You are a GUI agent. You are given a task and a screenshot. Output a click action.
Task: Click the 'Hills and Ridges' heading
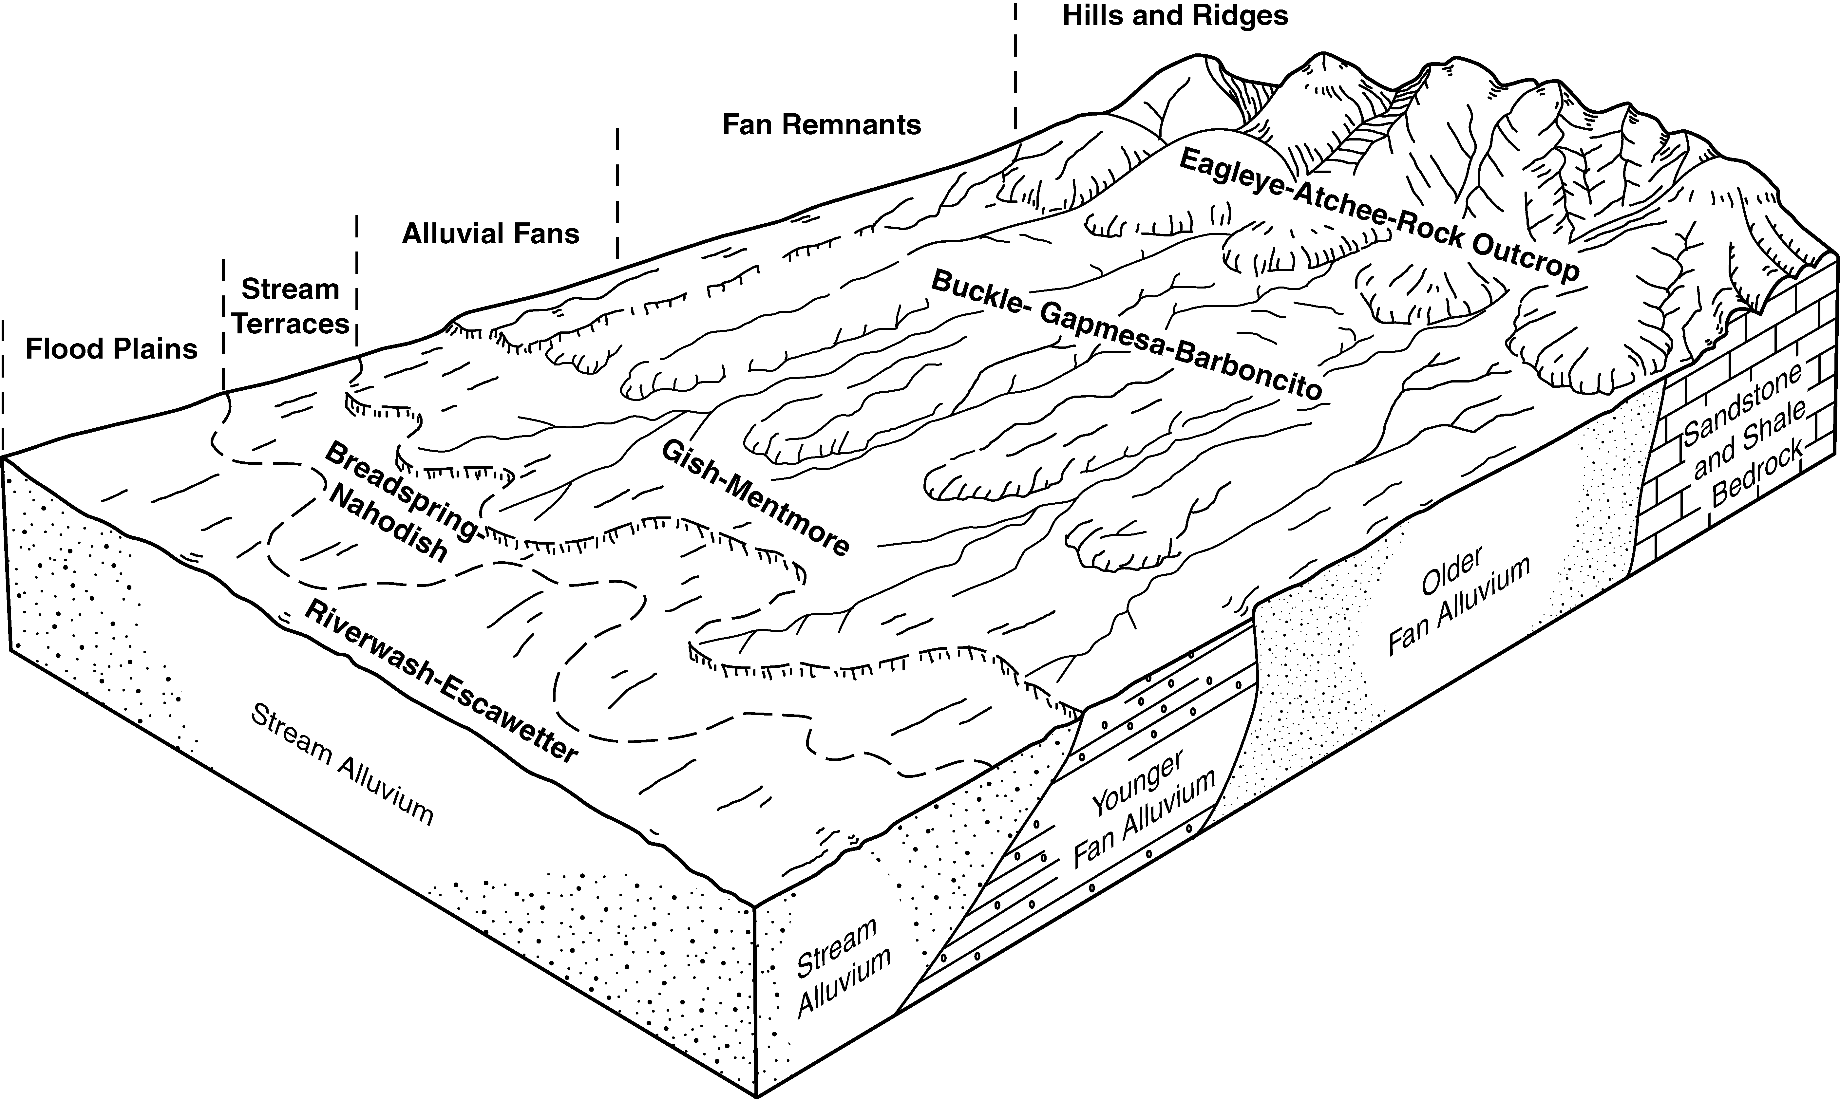[x=1175, y=16]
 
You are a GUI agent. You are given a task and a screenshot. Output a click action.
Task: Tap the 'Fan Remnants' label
[x=822, y=124]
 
